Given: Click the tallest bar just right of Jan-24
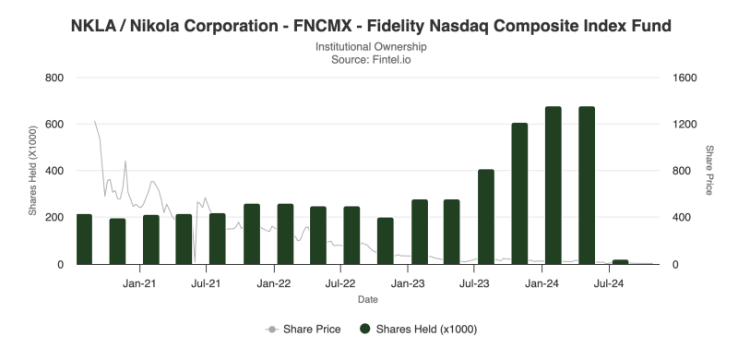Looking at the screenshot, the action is pos(553,186).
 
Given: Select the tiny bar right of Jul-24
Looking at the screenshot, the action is pos(620,262).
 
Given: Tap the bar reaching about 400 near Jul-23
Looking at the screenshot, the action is pos(486,217).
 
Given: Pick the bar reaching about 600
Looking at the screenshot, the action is pos(519,194).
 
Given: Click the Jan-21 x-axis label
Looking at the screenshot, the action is pos(140,283).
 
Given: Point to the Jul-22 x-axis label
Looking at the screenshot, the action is pos(340,283).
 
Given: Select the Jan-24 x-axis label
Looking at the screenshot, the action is pos(542,283).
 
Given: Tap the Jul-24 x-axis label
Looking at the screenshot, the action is pos(609,283).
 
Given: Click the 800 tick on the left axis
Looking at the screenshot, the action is pos(54,78).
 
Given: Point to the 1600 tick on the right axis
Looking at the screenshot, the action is pos(684,78).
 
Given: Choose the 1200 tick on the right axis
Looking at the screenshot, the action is pos(684,125).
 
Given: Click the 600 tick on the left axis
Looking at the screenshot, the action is pos(54,125).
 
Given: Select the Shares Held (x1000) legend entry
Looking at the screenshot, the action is pos(419,330).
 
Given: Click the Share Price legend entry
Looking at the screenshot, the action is pos(304,330).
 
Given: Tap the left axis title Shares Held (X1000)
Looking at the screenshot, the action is pos(32,171).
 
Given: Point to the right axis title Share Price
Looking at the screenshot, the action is pos(708,170).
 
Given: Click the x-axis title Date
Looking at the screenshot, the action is pos(367,299).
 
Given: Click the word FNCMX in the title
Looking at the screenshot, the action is pos(322,26).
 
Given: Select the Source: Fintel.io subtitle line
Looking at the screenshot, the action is pos(371,60).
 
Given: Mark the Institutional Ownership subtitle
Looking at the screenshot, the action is pos(371,47).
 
